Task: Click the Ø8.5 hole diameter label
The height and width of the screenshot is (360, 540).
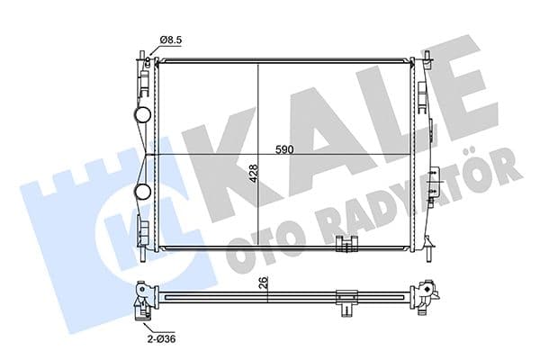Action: tap(173, 40)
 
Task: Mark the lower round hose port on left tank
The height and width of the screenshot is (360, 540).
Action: tap(143, 192)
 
